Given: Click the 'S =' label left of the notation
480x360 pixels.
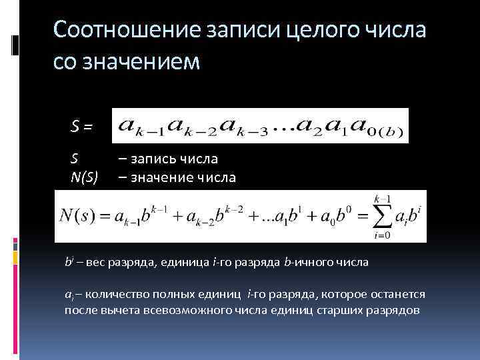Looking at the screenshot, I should (83, 125).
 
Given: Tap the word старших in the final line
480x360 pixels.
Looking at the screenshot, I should (331, 310).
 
